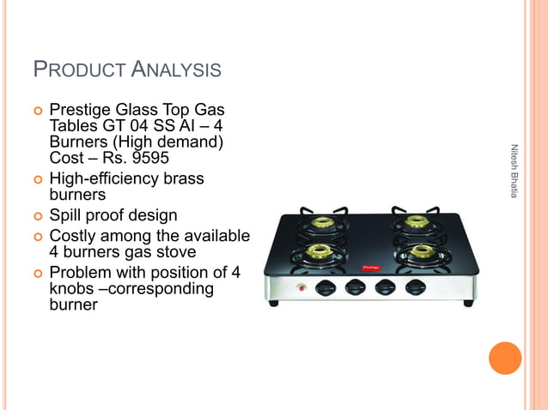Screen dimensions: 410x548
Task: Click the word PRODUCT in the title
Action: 77,69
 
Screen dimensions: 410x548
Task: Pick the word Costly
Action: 74,236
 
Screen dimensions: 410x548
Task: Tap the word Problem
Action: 80,274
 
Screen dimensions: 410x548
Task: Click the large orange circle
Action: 505,359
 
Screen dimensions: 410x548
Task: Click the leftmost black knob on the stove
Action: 327,287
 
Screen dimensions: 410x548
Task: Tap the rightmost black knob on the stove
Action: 416,287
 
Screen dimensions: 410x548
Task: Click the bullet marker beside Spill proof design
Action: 37,215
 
